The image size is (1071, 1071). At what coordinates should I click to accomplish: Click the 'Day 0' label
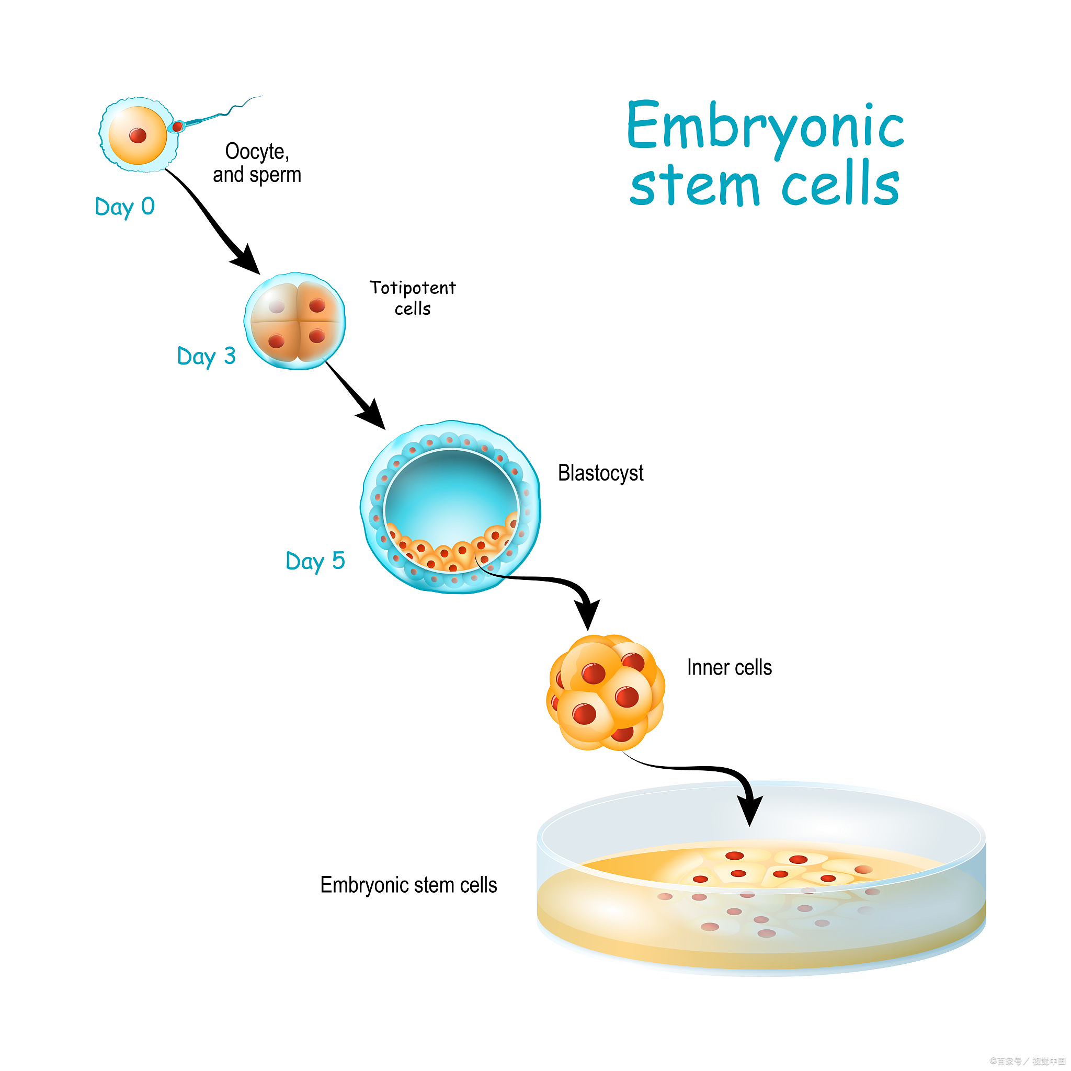(x=125, y=207)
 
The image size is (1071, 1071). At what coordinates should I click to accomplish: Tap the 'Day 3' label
(x=206, y=357)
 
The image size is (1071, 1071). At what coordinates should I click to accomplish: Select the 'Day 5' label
(x=315, y=561)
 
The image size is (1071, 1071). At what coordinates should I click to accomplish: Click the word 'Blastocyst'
(x=600, y=473)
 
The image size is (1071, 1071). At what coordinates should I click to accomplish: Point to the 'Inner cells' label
(x=729, y=667)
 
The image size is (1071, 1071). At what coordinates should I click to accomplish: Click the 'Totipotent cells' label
(x=413, y=298)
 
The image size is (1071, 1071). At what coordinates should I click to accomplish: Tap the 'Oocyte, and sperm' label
(x=257, y=163)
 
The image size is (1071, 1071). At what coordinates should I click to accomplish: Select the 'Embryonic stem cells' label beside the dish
(x=408, y=885)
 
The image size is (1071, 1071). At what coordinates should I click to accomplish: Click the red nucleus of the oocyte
(x=138, y=135)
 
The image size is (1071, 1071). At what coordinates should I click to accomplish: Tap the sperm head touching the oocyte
(x=177, y=127)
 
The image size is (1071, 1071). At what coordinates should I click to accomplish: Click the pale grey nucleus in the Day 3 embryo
(x=277, y=306)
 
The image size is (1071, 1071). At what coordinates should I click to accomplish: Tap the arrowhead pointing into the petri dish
(x=749, y=810)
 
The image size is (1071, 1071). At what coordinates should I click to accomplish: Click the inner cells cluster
(x=606, y=693)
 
